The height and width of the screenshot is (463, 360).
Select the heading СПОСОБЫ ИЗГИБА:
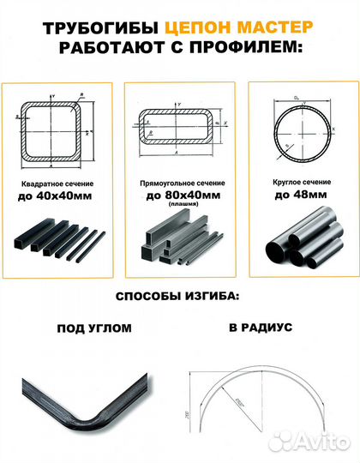tap(179, 298)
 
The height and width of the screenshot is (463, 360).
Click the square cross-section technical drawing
tap(59, 129)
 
